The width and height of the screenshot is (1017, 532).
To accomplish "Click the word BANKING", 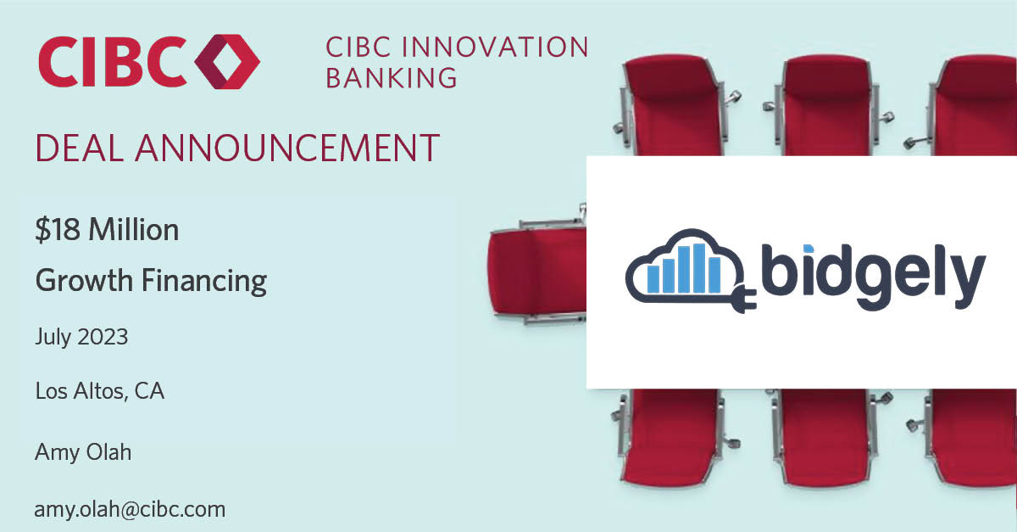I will pos(392,78).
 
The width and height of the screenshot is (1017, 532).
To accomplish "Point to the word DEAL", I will pos(78,148).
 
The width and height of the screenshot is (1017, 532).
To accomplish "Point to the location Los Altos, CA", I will pos(100,391).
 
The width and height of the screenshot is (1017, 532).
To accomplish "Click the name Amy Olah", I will pos(83,452).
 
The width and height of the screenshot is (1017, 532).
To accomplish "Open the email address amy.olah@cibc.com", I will pos(131,509).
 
